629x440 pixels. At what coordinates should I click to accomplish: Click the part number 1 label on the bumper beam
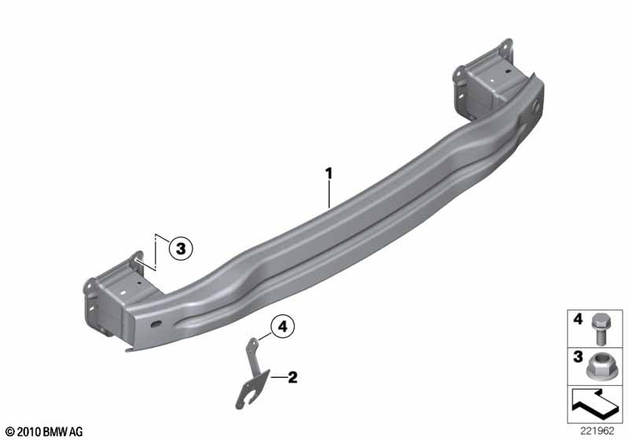(x=329, y=174)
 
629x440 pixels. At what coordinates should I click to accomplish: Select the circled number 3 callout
(x=181, y=248)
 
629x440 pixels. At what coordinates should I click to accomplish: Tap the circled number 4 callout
(x=283, y=327)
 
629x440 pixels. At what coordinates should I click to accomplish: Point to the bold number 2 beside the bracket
(x=292, y=377)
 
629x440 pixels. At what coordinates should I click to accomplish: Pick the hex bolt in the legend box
(x=599, y=329)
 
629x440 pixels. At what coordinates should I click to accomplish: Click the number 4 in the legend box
(x=578, y=319)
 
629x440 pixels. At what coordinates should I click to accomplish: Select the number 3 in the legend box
(x=578, y=356)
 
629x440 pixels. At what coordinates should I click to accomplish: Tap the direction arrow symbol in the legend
(x=595, y=404)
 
